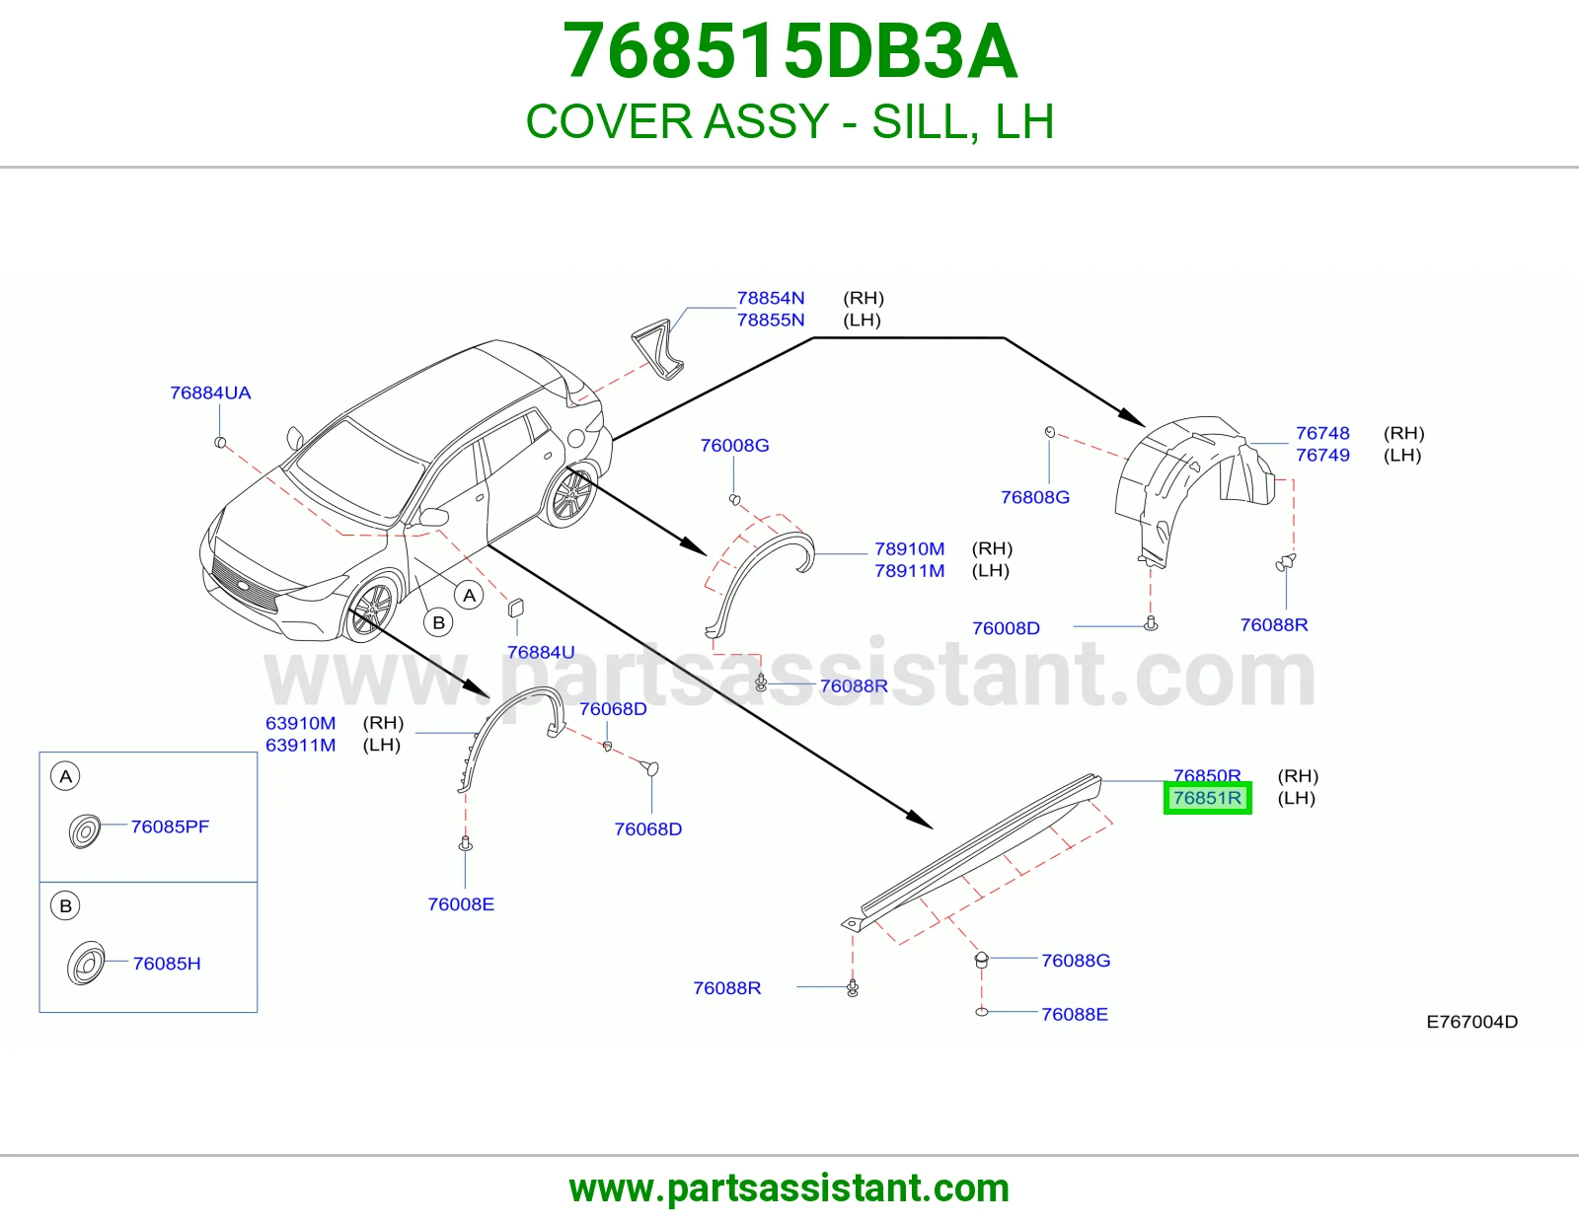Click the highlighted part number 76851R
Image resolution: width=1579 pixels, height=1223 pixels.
[1207, 798]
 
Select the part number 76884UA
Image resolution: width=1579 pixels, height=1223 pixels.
[210, 393]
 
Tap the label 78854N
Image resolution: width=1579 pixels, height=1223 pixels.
[770, 298]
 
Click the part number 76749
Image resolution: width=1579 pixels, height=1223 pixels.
[1322, 456]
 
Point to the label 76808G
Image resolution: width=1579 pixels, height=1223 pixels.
[1035, 497]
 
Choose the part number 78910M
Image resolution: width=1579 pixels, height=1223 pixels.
[909, 549]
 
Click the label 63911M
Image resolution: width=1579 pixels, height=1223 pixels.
[300, 745]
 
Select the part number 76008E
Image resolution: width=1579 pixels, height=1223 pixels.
[461, 904]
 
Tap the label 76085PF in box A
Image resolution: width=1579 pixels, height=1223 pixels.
[170, 827]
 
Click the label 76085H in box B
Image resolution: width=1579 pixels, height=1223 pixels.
[167, 964]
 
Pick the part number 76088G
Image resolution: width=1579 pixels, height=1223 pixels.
[1076, 961]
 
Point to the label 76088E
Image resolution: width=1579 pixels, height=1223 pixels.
[1075, 1015]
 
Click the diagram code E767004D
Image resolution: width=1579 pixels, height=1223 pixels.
[1472, 1022]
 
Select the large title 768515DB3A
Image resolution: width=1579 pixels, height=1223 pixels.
[789, 51]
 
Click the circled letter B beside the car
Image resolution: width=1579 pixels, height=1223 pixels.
[438, 622]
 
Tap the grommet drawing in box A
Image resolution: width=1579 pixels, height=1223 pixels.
[84, 830]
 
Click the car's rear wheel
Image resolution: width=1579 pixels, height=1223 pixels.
[571, 496]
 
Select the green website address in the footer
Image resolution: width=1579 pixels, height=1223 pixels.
[789, 1188]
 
